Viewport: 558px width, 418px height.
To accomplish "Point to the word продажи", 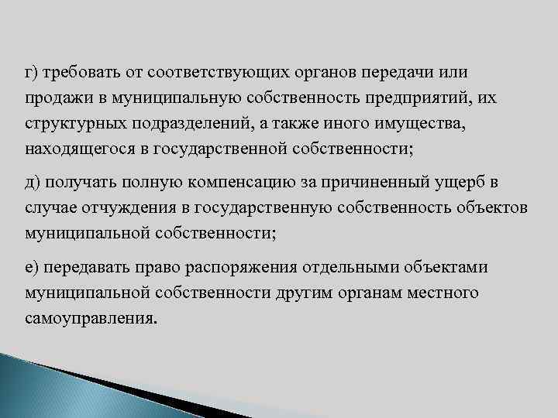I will [x=54, y=99].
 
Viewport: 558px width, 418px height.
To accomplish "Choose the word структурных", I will [x=71, y=125].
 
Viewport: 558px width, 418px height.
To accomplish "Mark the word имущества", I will [x=424, y=125].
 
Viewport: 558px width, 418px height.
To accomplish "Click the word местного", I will [x=441, y=293].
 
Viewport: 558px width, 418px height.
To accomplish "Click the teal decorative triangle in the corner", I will [x=46, y=387].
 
